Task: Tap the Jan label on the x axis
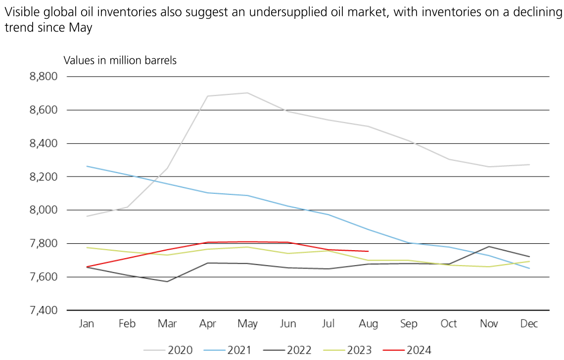(x=87, y=324)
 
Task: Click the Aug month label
(x=369, y=324)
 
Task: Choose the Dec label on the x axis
(x=529, y=324)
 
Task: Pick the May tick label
(x=247, y=324)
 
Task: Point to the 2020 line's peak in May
(x=247, y=93)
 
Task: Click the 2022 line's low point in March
(x=167, y=281)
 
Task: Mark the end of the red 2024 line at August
(x=368, y=251)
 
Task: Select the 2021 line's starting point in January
(x=87, y=166)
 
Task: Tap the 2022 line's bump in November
(x=489, y=246)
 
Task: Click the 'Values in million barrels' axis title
(x=120, y=60)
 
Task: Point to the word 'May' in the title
(x=81, y=28)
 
